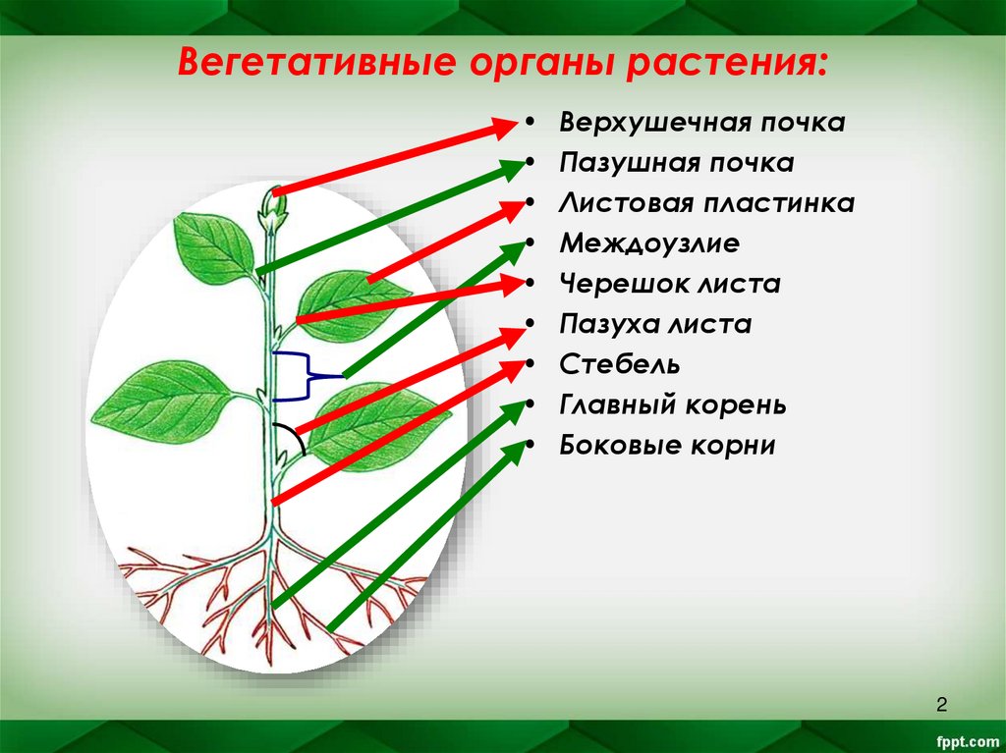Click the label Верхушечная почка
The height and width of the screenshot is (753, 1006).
[701, 124]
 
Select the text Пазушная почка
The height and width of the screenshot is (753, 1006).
[676, 164]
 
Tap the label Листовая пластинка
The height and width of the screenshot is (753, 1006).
[706, 204]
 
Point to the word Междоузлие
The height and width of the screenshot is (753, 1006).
[649, 244]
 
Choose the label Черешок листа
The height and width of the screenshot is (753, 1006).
[670, 285]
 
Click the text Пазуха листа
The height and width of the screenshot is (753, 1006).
[655, 325]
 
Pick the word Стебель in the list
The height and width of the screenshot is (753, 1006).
[620, 365]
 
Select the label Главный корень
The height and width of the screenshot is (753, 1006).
[673, 405]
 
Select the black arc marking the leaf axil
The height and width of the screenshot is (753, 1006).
[293, 440]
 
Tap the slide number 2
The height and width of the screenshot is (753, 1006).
[941, 704]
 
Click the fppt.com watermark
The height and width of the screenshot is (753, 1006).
[963, 738]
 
